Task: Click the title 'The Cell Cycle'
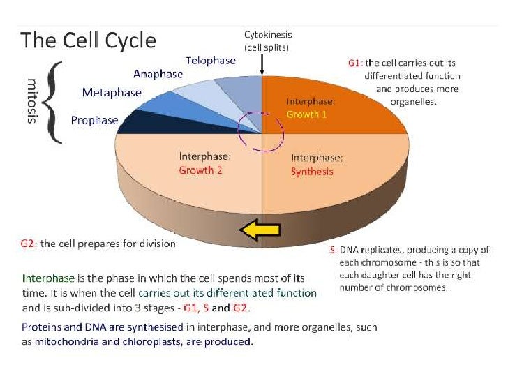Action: pos(88,40)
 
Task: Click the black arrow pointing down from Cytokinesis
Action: pos(262,63)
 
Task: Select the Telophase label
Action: pos(211,60)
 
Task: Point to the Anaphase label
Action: pos(158,74)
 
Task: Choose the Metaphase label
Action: pos(112,92)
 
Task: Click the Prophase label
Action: pos(94,120)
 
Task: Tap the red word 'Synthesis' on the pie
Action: pos(312,172)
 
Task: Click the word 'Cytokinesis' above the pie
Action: pos(268,34)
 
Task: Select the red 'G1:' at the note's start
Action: pos(354,63)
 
